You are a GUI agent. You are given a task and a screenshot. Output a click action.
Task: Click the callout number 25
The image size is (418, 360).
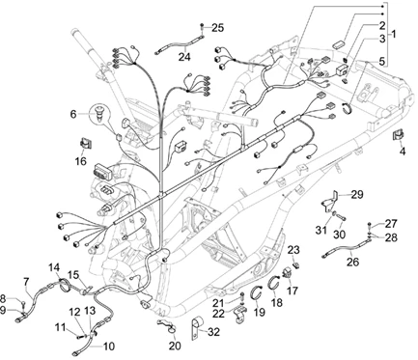217,28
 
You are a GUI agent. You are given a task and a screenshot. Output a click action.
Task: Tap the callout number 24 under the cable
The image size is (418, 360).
184,57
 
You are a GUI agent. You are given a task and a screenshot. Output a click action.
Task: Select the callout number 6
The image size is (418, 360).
73,114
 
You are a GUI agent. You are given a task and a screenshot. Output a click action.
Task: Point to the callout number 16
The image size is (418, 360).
81,160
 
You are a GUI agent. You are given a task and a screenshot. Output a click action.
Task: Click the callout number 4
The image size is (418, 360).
403,151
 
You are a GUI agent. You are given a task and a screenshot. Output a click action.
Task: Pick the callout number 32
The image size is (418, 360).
213,332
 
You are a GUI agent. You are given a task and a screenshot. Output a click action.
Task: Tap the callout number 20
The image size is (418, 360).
175,346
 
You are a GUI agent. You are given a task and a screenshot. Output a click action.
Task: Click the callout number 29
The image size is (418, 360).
357,195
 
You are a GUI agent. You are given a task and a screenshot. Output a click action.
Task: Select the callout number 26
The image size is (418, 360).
352,263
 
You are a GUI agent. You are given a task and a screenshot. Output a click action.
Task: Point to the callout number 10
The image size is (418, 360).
109,346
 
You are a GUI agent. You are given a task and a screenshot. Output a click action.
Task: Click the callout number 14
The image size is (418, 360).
54,267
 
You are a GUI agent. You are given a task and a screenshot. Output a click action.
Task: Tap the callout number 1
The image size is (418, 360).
394,34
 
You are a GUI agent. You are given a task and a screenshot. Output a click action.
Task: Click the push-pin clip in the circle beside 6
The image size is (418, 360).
100,114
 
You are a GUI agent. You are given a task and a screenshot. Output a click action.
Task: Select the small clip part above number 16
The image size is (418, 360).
86,143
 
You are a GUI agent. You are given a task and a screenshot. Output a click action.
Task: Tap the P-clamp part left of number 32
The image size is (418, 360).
196,327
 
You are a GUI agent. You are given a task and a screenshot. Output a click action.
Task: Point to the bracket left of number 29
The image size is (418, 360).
329,203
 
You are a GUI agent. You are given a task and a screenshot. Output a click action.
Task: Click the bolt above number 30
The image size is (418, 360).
342,218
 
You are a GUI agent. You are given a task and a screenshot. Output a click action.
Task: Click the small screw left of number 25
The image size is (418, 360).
203,25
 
